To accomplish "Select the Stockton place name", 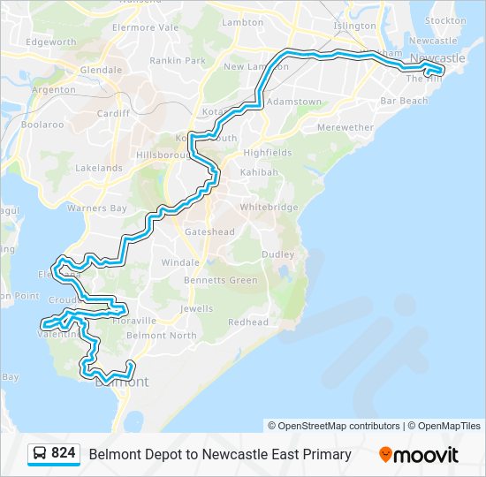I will click(x=445, y=20).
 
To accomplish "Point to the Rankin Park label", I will click(x=177, y=61).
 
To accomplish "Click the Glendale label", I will click(x=101, y=70).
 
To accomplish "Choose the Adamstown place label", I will click(x=295, y=102).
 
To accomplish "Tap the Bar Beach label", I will click(x=404, y=101).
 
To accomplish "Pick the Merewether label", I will click(x=345, y=127).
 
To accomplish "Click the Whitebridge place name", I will click(x=269, y=207).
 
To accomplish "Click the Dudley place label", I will click(x=277, y=254).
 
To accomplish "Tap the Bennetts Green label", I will click(x=221, y=280).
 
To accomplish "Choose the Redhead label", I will click(x=248, y=322).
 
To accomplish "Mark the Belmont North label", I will click(x=162, y=336).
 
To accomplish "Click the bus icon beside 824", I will click(x=40, y=454).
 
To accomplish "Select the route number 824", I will click(x=64, y=454).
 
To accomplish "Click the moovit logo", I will click(x=419, y=455).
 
